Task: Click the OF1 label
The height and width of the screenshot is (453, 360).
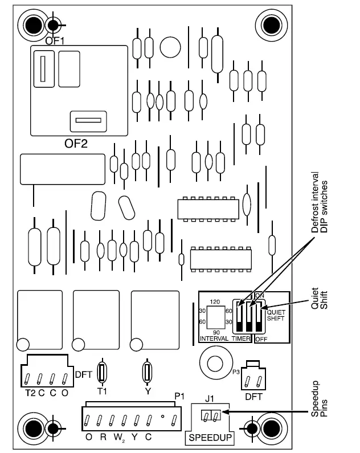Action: [55, 40]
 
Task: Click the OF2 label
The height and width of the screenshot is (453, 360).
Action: [76, 143]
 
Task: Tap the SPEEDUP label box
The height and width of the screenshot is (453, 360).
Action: [211, 438]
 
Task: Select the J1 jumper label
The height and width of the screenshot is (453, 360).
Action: [209, 399]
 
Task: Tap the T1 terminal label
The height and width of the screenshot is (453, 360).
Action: [103, 392]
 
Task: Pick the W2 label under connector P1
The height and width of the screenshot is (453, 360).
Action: [119, 438]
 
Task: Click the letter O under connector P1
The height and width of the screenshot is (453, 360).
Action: [89, 437]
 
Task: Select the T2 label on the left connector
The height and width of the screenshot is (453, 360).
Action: [30, 393]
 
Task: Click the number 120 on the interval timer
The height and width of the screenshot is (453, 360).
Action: [215, 300]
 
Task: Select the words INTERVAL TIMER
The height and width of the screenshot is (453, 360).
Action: [226, 338]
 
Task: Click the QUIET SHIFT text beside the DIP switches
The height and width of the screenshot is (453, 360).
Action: [276, 315]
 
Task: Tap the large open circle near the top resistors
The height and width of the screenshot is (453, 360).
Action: [170, 47]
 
